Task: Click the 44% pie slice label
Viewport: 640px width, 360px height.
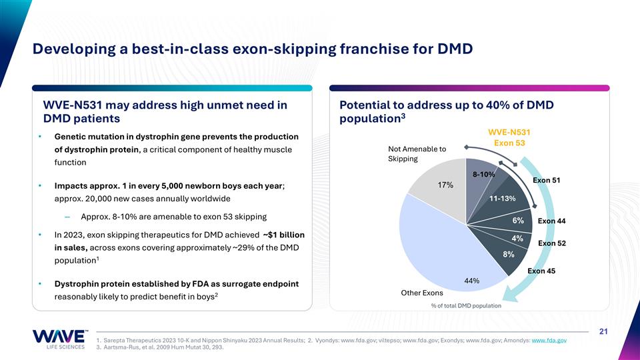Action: click(x=471, y=281)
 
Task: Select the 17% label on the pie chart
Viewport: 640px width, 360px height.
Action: click(x=445, y=185)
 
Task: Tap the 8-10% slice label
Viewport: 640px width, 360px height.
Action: click(x=484, y=174)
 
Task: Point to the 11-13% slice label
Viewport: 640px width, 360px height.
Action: click(x=503, y=199)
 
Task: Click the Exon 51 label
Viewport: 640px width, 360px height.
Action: click(x=547, y=180)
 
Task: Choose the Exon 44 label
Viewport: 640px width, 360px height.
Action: click(x=551, y=221)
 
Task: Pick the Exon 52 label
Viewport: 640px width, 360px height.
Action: click(x=552, y=243)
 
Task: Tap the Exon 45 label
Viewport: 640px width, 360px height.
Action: click(x=541, y=271)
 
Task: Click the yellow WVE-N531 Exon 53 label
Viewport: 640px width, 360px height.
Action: click(x=509, y=137)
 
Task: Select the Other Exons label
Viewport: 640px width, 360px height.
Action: click(x=421, y=293)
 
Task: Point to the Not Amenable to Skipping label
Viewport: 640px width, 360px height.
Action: click(x=417, y=154)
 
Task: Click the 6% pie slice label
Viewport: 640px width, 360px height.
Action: click(x=518, y=221)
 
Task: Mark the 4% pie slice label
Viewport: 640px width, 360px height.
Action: click(x=517, y=239)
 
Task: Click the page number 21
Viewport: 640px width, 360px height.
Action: click(x=603, y=331)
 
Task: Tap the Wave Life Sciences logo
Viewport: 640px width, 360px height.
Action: click(x=59, y=339)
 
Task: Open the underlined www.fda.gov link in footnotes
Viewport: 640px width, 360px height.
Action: click(x=549, y=341)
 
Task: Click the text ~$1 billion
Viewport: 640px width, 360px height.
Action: click(x=284, y=235)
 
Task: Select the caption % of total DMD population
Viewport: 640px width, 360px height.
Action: click(x=466, y=306)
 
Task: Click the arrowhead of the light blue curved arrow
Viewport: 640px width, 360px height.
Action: click(x=509, y=294)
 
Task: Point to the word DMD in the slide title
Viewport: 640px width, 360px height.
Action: click(x=455, y=49)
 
